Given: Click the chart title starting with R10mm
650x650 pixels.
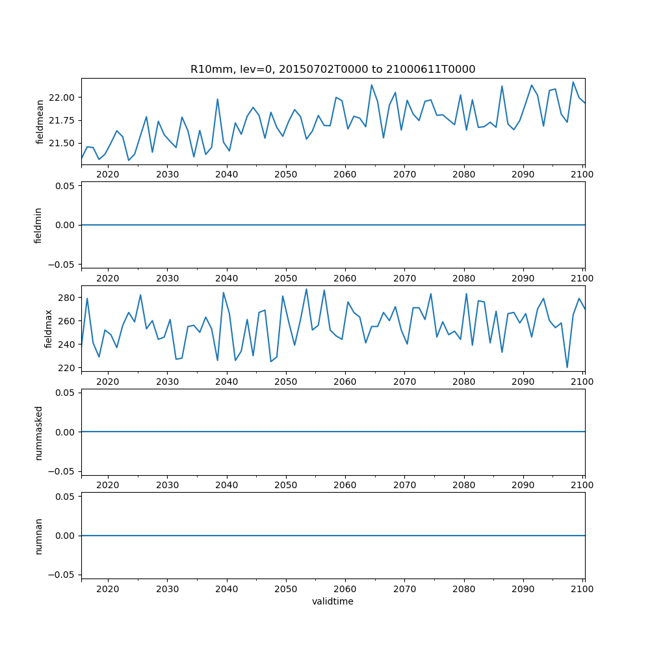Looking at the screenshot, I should tap(333, 69).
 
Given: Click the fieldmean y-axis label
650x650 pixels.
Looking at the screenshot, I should tap(40, 122).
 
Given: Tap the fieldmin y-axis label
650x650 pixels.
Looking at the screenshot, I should tap(38, 225).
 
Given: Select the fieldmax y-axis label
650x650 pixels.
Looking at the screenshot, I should tap(47, 328).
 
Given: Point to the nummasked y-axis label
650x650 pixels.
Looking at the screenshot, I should tap(38, 432).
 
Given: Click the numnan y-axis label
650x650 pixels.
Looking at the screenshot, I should tap(38, 536).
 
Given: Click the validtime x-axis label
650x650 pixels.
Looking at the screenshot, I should tap(333, 602).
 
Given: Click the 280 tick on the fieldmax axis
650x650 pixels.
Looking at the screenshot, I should tap(68, 298).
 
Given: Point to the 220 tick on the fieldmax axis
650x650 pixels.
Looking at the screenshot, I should tap(68, 368).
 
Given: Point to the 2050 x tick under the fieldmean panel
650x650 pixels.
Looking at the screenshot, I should tap(285, 174).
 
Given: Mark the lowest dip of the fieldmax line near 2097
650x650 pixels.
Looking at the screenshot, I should tap(567, 367).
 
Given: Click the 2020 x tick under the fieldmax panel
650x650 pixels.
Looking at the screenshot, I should tap(107, 382).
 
